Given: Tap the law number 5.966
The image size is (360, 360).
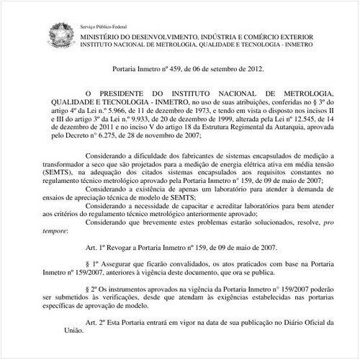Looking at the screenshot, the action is (x=144, y=113).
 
